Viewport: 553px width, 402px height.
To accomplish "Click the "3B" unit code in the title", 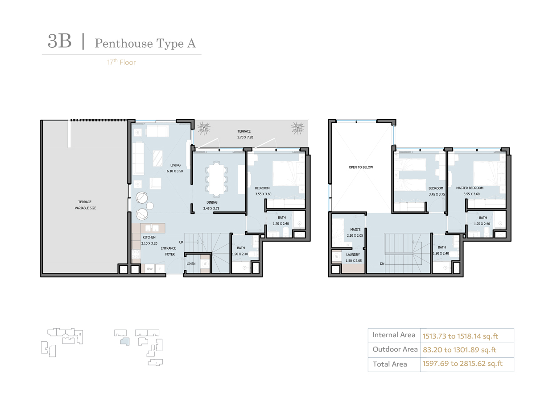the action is pyautogui.click(x=59, y=41).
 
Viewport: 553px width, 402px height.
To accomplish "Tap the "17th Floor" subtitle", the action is pyautogui.click(x=121, y=62).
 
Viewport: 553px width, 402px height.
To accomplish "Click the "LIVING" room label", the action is pyautogui.click(x=175, y=165).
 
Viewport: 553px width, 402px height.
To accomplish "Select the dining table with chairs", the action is pyautogui.click(x=216, y=179).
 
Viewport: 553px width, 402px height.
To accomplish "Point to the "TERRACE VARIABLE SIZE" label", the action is pyautogui.click(x=86, y=205).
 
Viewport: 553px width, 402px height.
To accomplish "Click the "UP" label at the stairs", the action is pyautogui.click(x=181, y=242).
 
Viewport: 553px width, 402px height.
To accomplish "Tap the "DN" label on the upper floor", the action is pyautogui.click(x=382, y=264).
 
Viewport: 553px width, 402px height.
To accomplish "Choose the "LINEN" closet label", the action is pyautogui.click(x=191, y=264).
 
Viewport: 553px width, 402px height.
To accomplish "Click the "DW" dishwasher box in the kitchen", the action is pyautogui.click(x=150, y=269).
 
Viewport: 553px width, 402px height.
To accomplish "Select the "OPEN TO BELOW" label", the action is pyautogui.click(x=361, y=167).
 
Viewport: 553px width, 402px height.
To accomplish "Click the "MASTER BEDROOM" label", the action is pyautogui.click(x=470, y=188).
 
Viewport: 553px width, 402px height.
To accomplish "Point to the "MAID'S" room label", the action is pyautogui.click(x=355, y=230).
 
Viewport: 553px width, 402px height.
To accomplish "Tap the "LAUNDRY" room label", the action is pyautogui.click(x=353, y=255).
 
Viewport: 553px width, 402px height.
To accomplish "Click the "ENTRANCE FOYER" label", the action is pyautogui.click(x=169, y=251).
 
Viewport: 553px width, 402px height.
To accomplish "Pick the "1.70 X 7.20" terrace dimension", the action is pyautogui.click(x=245, y=137).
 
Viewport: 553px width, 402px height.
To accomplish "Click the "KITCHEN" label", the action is pyautogui.click(x=149, y=237).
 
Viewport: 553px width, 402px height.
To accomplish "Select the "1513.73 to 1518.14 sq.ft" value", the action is pyautogui.click(x=460, y=336).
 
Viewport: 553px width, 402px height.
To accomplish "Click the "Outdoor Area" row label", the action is pyautogui.click(x=395, y=349).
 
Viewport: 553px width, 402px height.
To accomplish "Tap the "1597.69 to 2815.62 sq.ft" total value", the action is pyautogui.click(x=462, y=364).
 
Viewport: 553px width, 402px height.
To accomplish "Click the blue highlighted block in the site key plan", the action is pyautogui.click(x=125, y=341).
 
